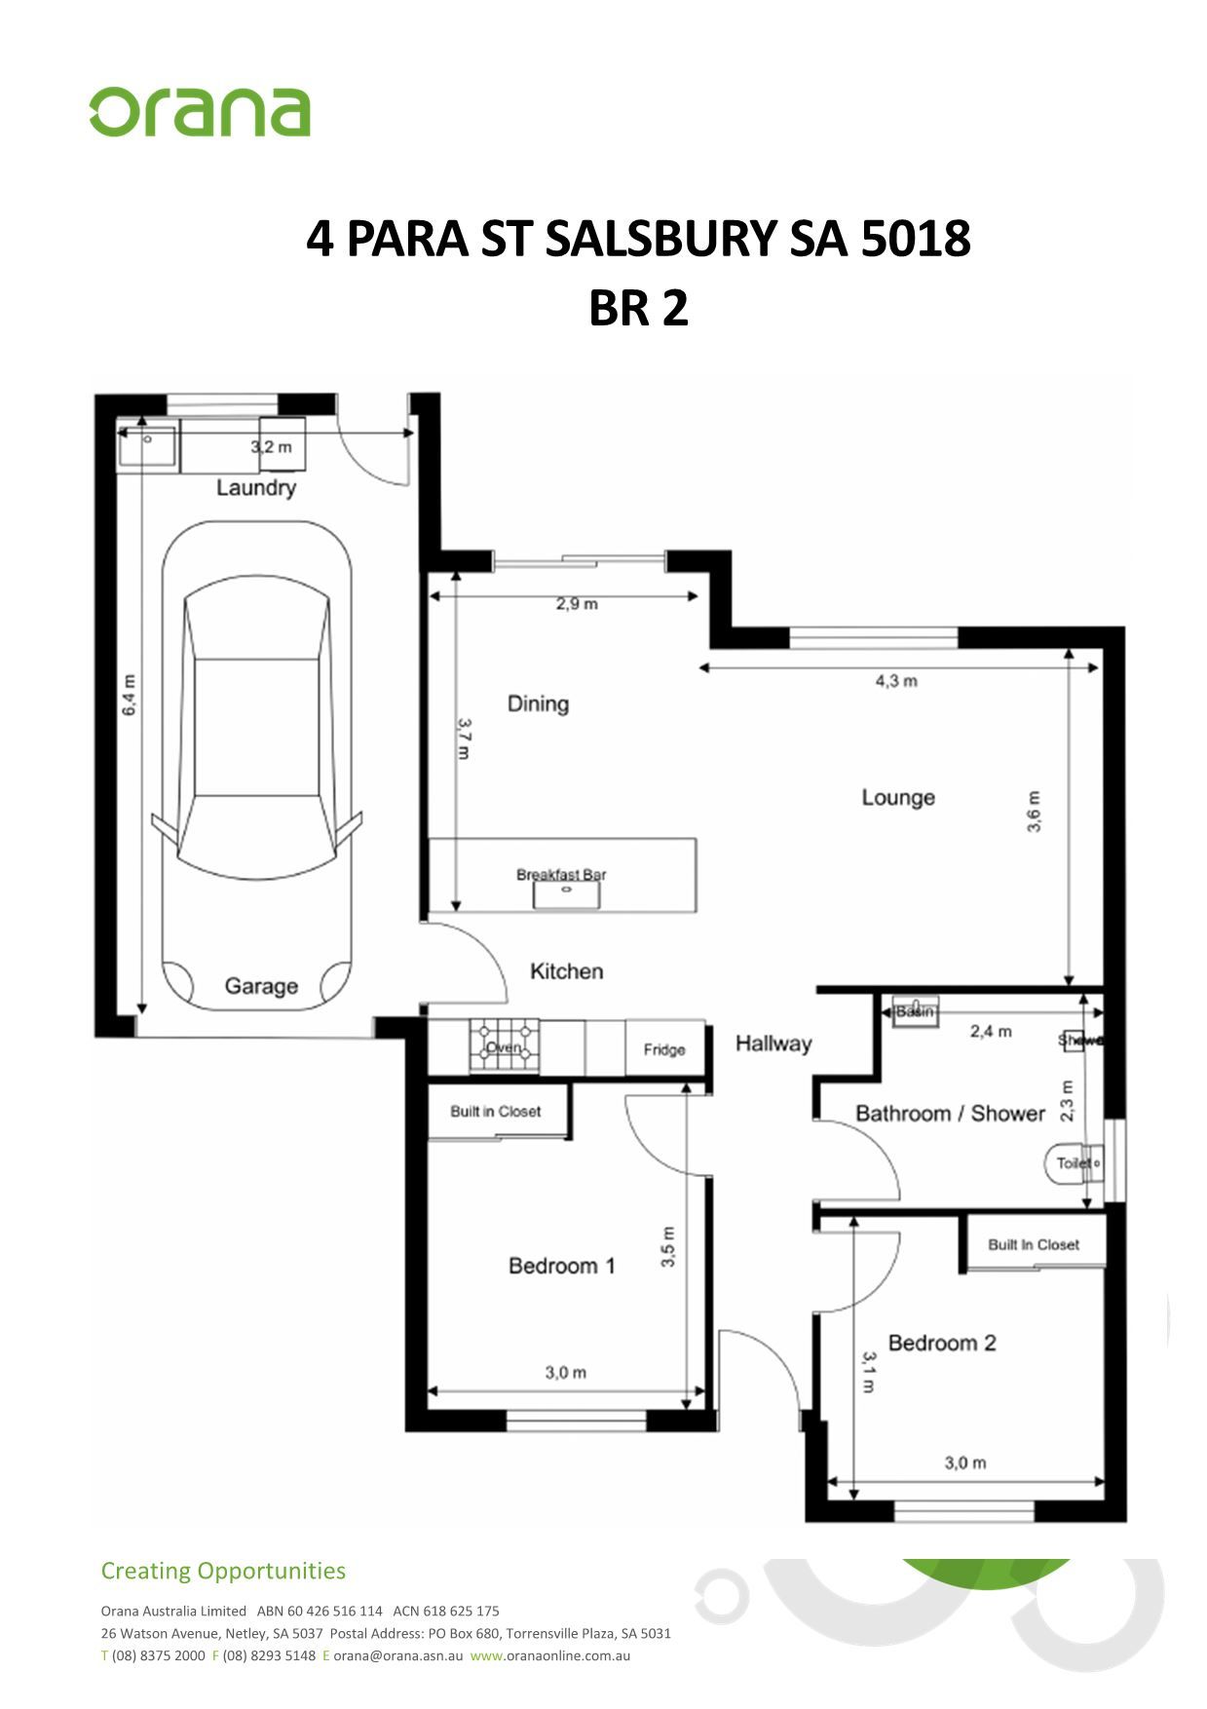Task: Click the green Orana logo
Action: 200,112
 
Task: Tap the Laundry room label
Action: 256,487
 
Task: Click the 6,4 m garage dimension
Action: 130,695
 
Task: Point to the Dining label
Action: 538,703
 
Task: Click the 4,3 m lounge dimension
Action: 896,681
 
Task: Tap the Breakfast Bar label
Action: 561,874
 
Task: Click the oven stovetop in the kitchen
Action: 504,1045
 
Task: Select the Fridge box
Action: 664,1048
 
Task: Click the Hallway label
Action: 773,1044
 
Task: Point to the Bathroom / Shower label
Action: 950,1114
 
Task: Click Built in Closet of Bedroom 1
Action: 496,1111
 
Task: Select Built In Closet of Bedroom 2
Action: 1034,1244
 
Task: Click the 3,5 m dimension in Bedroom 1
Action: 668,1246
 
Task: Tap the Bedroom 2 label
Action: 942,1343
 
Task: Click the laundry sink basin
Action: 147,448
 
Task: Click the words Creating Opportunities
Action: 223,1571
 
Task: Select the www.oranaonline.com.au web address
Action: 549,1655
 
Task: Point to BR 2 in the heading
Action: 638,308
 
